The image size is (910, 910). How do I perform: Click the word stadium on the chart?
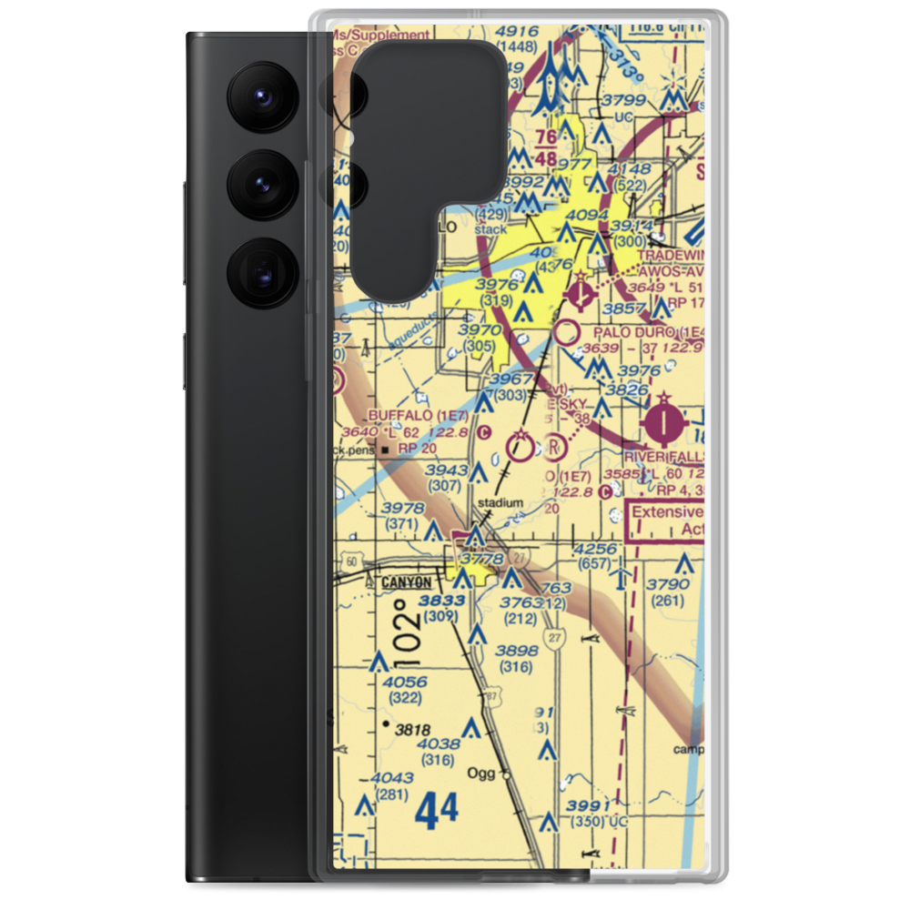(x=500, y=502)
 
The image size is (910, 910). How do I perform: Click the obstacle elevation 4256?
(x=595, y=549)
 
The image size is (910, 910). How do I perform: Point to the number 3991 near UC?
(x=585, y=805)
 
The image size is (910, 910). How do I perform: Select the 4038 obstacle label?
(x=439, y=743)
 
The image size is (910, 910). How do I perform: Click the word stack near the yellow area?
(x=490, y=229)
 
